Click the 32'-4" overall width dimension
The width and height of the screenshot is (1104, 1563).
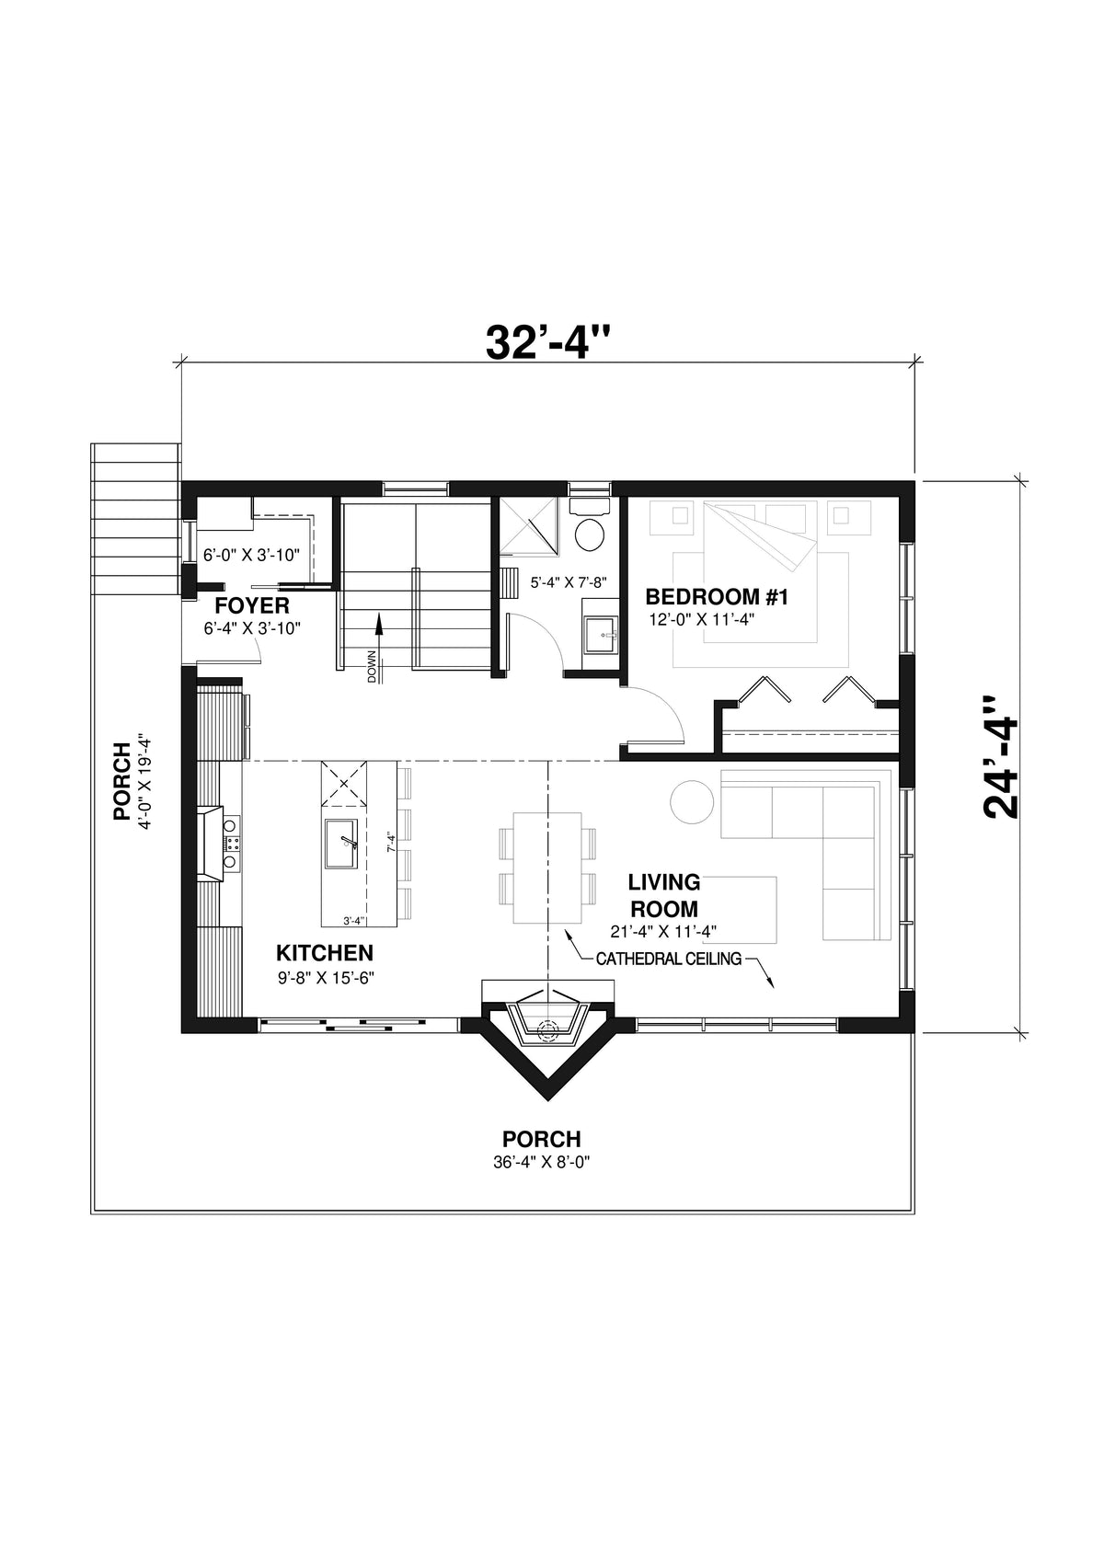548,342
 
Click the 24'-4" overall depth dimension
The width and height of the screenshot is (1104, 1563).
1002,756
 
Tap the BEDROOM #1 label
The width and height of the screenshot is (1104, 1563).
717,597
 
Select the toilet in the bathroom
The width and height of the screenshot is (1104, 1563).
589,533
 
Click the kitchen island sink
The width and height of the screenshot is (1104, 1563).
343,841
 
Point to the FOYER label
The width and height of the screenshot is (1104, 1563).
252,605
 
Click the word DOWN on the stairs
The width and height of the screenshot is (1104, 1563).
372,667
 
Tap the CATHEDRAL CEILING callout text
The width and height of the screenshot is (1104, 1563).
668,959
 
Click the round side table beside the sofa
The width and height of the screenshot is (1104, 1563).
691,802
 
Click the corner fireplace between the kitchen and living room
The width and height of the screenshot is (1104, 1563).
548,1023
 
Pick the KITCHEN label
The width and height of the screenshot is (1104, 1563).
325,952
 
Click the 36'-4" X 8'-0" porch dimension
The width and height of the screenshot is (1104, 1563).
541,1162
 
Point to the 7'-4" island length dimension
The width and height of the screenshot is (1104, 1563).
391,840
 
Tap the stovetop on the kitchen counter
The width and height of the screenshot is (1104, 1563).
231,842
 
